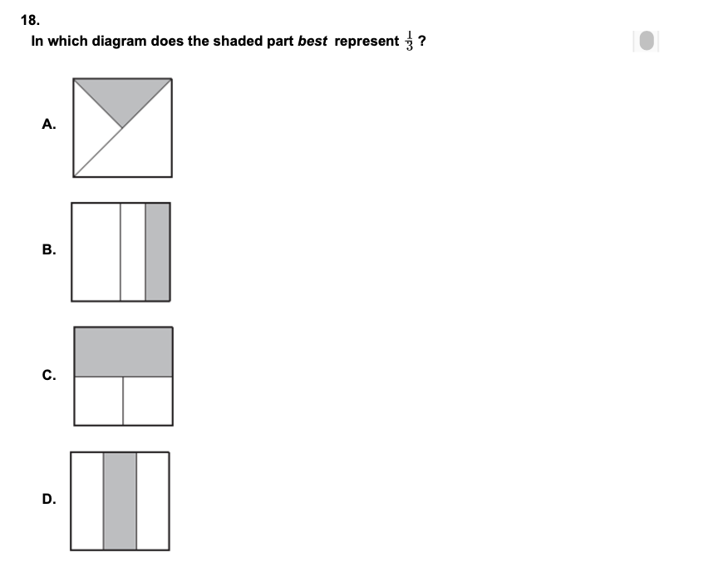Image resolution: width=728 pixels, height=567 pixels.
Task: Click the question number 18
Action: point(30,21)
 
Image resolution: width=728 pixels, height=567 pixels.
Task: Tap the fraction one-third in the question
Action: point(409,41)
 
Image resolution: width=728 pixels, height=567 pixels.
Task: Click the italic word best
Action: point(312,41)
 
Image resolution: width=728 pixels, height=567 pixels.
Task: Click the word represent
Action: point(366,42)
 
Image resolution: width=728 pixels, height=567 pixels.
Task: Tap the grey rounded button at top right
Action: point(647,41)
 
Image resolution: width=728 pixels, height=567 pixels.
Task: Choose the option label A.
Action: point(49,124)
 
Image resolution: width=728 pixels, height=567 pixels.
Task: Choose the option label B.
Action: point(49,249)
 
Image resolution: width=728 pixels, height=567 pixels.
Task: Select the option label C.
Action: point(49,375)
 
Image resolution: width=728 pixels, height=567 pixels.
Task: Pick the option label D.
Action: point(49,499)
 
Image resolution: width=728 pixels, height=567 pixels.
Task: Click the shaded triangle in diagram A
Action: point(122,96)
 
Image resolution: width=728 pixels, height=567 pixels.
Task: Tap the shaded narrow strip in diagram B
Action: point(158,252)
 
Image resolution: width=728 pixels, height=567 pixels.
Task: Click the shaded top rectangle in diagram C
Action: point(124,352)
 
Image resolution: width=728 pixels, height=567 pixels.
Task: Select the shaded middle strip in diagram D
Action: point(120,501)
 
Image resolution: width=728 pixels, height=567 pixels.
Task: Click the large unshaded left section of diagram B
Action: point(96,252)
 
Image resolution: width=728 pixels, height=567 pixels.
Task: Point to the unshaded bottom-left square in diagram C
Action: point(99,400)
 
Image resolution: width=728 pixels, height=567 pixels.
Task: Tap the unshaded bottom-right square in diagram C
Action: point(148,400)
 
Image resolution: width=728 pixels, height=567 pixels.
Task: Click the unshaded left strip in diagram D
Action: point(87,501)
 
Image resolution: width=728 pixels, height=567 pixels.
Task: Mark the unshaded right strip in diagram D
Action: point(153,501)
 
